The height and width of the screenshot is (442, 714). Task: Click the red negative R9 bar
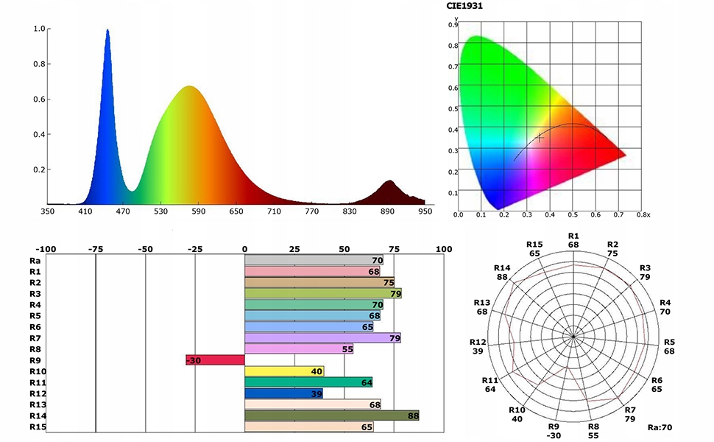(215, 360)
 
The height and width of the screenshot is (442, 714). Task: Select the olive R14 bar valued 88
(331, 415)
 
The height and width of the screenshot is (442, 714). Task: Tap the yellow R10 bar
(284, 371)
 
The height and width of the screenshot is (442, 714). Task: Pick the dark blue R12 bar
(283, 393)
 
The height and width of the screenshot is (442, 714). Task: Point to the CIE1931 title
(466, 6)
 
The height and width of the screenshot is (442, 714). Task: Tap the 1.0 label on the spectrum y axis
(40, 29)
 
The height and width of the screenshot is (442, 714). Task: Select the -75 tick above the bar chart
(95, 249)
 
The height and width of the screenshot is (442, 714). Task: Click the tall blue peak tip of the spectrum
(107, 31)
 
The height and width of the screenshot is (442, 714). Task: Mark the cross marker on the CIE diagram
(540, 137)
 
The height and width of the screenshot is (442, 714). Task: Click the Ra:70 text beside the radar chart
(660, 427)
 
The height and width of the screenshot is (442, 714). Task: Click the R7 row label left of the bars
(35, 337)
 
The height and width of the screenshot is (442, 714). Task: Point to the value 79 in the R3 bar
(395, 294)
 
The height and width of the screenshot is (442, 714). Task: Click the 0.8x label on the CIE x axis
(644, 215)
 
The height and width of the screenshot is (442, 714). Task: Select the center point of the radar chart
(573, 337)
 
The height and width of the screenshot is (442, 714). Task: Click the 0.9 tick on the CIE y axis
(454, 24)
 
